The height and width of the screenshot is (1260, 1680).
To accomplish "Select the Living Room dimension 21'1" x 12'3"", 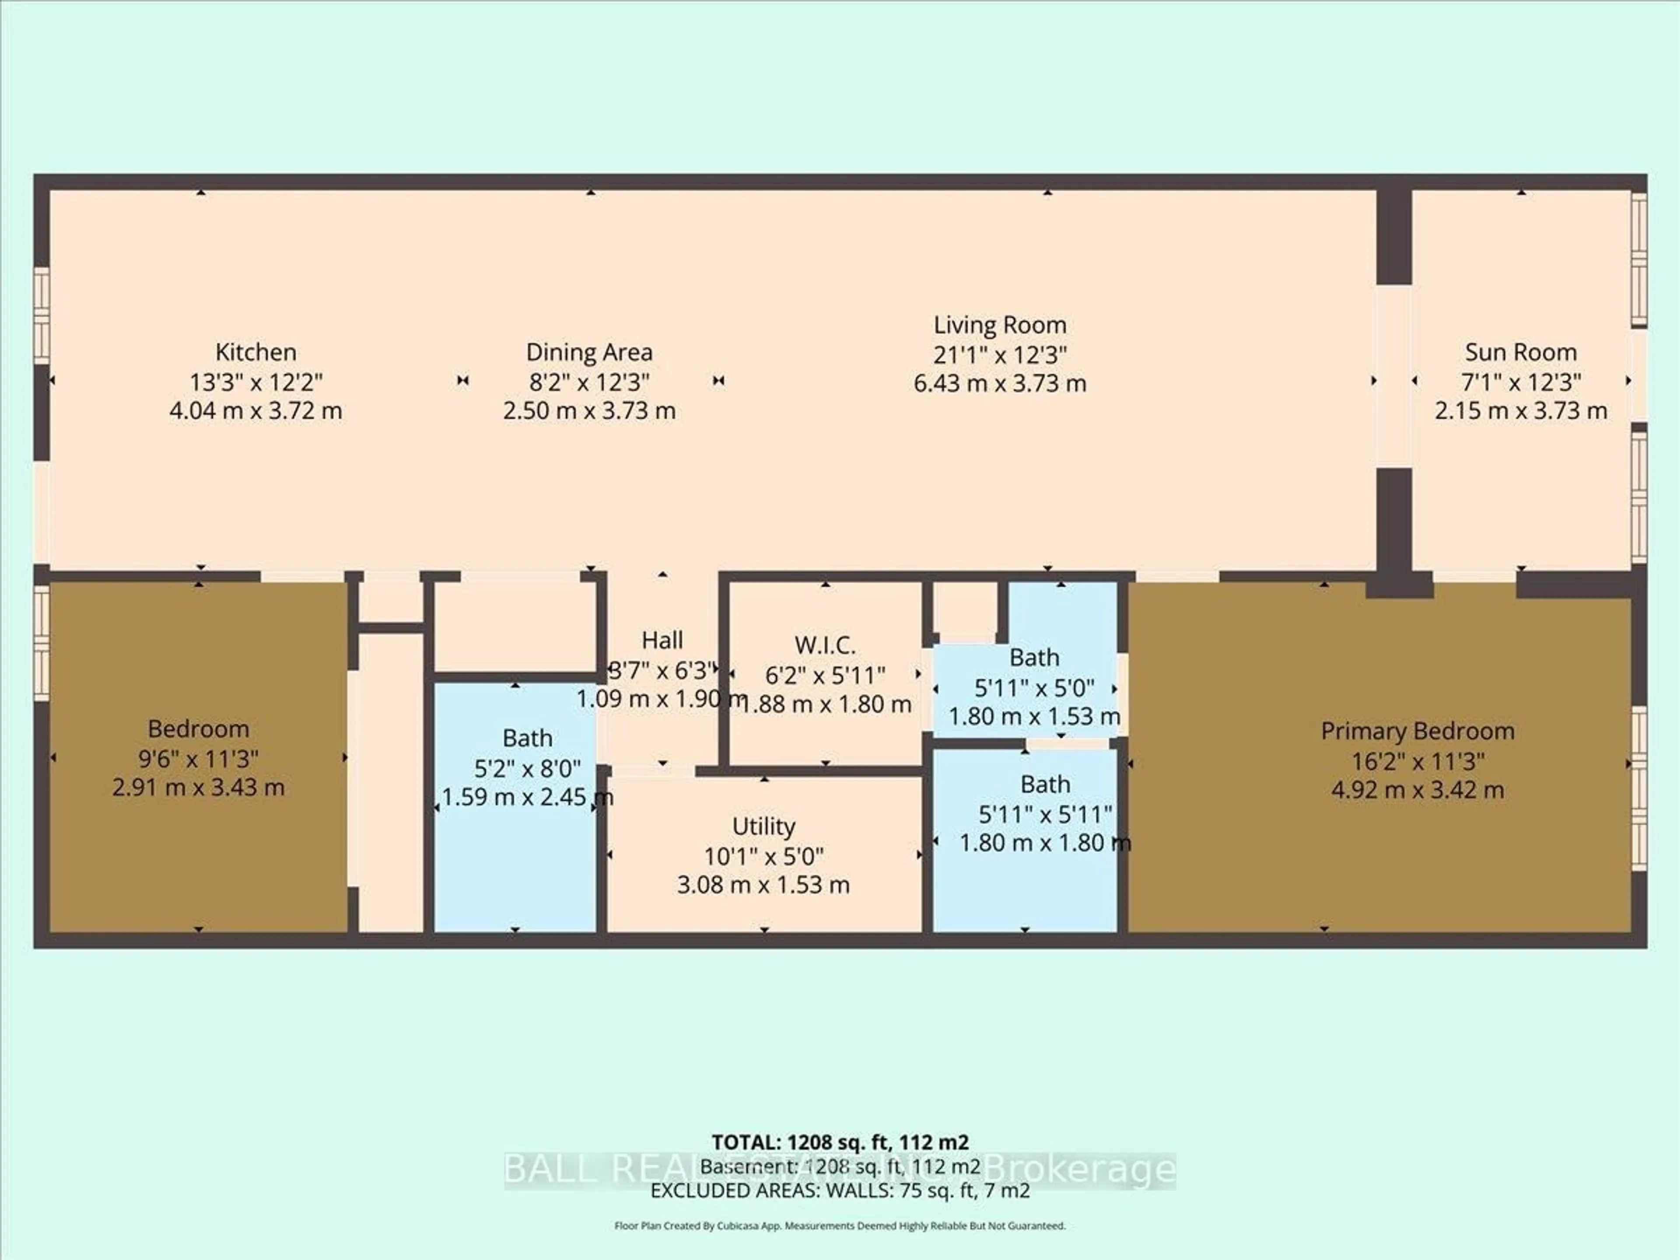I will pyautogui.click(x=1000, y=354).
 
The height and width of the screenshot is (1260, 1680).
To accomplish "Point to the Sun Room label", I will pyautogui.click(x=1520, y=352).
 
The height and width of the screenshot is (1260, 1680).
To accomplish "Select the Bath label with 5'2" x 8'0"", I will pyautogui.click(x=527, y=738).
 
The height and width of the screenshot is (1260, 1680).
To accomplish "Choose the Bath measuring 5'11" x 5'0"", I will pyautogui.click(x=1034, y=657).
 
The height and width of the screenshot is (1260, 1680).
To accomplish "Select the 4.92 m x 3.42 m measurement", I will pyautogui.click(x=1417, y=790).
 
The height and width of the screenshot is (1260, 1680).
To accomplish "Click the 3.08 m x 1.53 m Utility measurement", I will pyautogui.click(x=763, y=884).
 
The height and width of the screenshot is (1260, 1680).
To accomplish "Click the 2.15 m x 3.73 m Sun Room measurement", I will pyautogui.click(x=1520, y=411).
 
